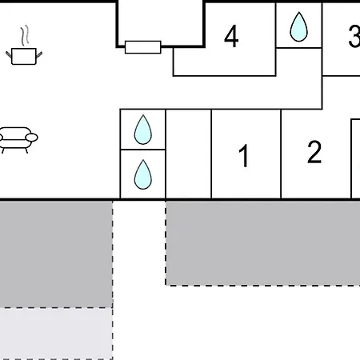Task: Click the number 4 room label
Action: (231, 36)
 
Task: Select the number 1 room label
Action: (244, 155)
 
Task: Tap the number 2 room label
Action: (314, 152)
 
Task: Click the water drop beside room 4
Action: (298, 27)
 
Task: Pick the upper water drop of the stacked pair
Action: (143, 130)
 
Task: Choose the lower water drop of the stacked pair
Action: (143, 174)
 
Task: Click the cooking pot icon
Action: (24, 56)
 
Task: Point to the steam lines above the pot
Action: (25, 34)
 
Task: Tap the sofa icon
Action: (17, 140)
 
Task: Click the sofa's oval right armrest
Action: (32, 138)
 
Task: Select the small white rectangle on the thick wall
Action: (143, 47)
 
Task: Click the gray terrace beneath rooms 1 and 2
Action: (262, 243)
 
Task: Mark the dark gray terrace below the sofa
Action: (56, 254)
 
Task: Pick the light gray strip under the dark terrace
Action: (56, 334)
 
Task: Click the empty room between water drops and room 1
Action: (189, 154)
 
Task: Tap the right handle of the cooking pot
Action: (39, 54)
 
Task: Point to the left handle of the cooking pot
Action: (9, 54)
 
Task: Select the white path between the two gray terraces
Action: (139, 280)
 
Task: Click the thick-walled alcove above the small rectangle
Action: (161, 23)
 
